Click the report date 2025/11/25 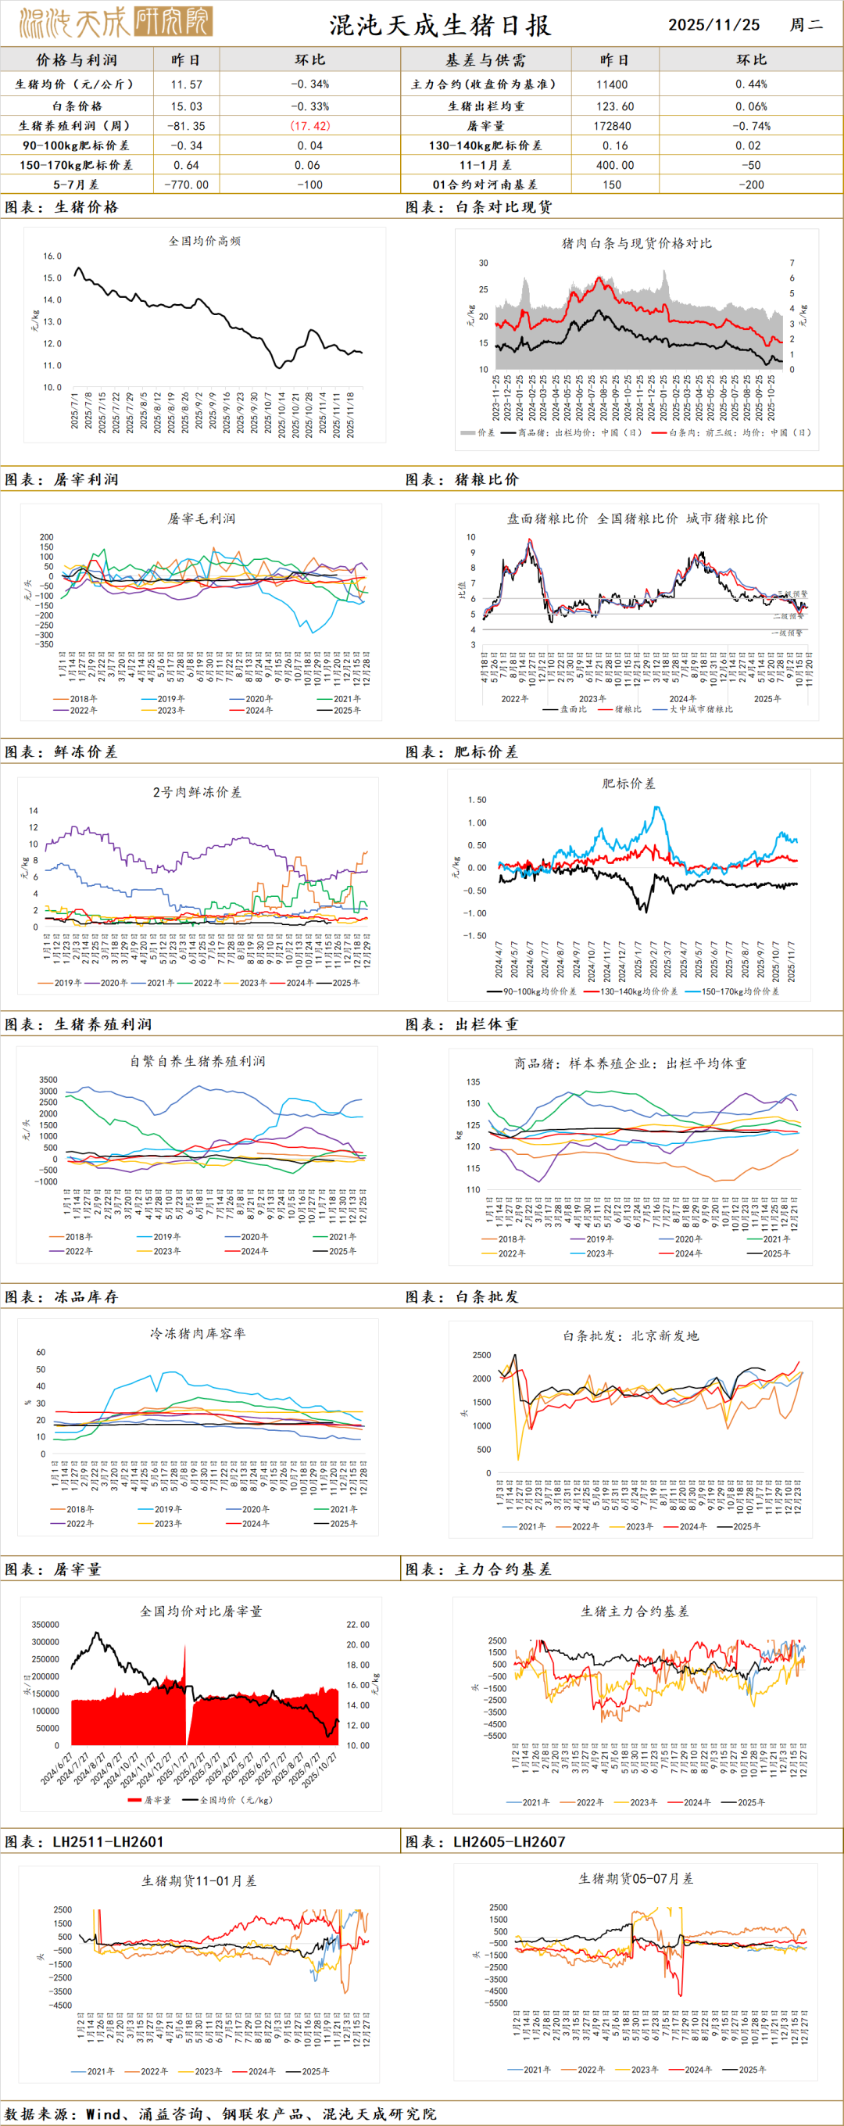pos(713,25)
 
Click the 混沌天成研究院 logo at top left pos(116,22)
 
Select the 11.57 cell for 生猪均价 pos(187,84)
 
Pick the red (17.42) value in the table pos(309,125)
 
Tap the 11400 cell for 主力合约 pos(611,84)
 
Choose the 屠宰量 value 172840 pos(611,125)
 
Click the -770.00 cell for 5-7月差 pos(187,185)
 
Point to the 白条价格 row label pos(77,106)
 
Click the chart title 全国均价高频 pos(205,241)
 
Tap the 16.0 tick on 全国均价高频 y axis pos(52,256)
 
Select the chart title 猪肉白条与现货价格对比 pos(636,242)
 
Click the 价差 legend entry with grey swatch pos(478,432)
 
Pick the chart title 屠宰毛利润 pos(202,518)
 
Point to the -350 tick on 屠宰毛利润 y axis pos(45,644)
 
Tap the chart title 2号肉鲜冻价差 pos(197,792)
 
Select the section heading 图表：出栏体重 pos(462,1024)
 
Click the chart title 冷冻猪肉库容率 pos(197,1333)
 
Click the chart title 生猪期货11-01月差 pos(198,1881)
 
